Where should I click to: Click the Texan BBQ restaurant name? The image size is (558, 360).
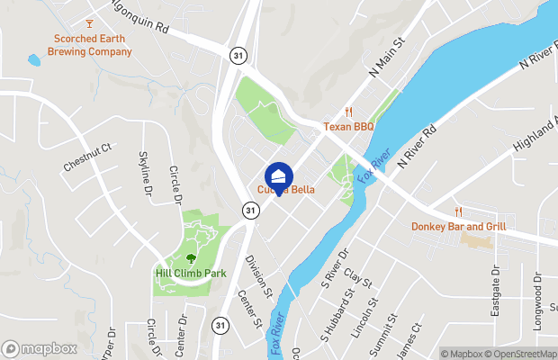pos(349,128)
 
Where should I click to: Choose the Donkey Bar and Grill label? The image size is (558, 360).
pos(459,227)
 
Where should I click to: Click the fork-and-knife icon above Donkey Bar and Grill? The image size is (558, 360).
pos(458,211)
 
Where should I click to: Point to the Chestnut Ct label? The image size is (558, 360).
pos(86,157)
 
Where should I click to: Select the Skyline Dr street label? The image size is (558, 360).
pos(147,173)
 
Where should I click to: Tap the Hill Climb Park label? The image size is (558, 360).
pos(189,273)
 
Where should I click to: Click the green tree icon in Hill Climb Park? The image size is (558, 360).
pos(189,257)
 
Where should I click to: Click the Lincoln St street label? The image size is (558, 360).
pos(372,312)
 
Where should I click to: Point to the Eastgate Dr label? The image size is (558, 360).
pos(495,290)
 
